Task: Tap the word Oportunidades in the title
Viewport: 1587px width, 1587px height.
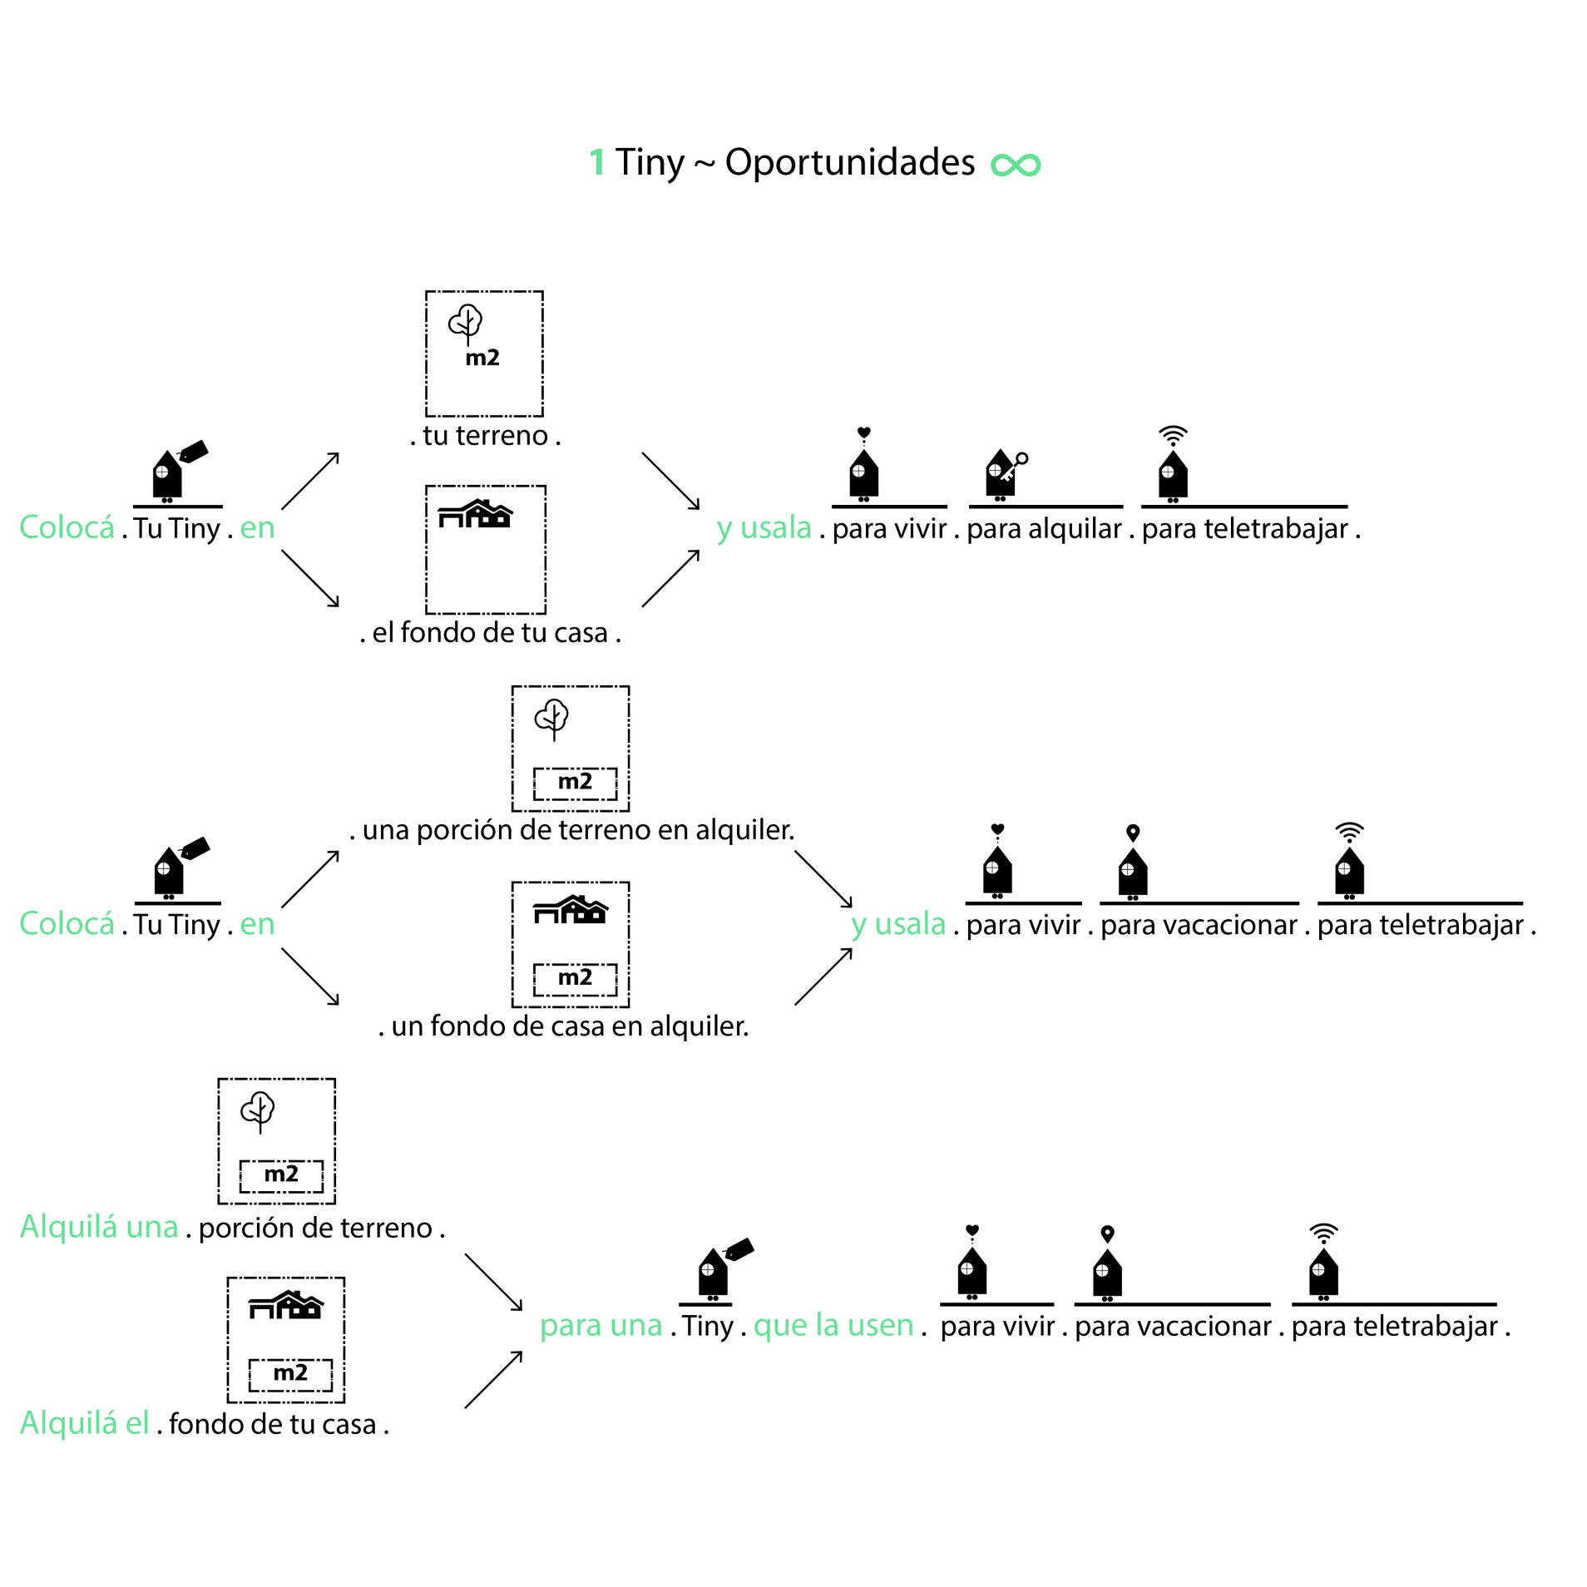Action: pos(849,161)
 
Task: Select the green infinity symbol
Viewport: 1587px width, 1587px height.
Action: pos(1016,165)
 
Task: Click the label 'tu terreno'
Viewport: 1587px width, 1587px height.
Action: pos(485,435)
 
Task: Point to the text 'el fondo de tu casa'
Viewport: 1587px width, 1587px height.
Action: pos(490,632)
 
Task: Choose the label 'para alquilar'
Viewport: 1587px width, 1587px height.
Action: pos(1044,528)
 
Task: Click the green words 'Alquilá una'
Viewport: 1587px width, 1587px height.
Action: pos(99,1227)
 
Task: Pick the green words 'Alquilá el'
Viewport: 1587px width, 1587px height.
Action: pos(84,1423)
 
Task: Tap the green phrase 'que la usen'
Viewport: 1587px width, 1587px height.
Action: pos(833,1325)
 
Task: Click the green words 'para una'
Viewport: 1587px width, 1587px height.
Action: pos(601,1325)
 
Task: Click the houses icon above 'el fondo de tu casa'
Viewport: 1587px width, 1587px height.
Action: pos(476,514)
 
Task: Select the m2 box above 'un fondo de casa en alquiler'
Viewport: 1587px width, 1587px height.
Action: pos(575,978)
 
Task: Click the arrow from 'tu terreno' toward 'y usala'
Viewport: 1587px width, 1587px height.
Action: pos(670,481)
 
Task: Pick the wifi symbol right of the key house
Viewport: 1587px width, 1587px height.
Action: pos(1173,435)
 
